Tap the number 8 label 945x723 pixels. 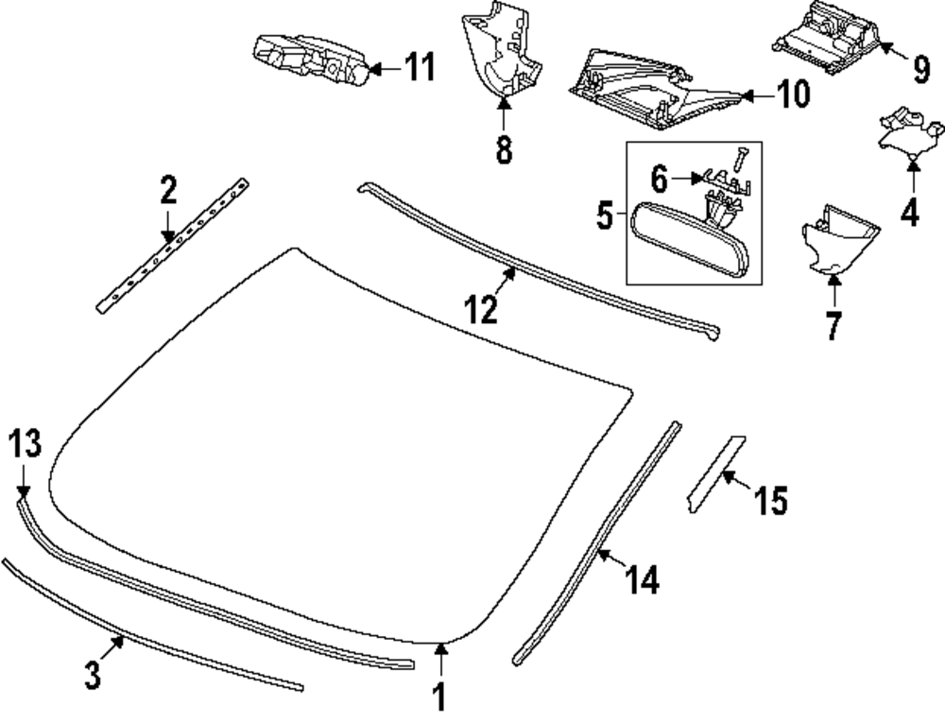pyautogui.click(x=504, y=149)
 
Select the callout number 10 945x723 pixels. pyautogui.click(x=794, y=95)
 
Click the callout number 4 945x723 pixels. pyautogui.click(x=909, y=210)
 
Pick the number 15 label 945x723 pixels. pyautogui.click(x=771, y=500)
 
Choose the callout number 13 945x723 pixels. pyautogui.click(x=26, y=443)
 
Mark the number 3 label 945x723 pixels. pyautogui.click(x=92, y=677)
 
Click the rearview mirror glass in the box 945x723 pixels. pyautogui.click(x=690, y=242)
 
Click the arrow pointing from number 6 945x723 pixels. pyautogui.click(x=685, y=177)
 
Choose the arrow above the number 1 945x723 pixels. pyautogui.click(x=438, y=657)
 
